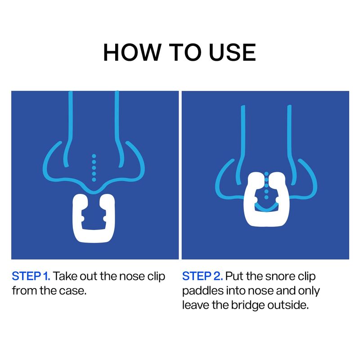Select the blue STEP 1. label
coord(31,276)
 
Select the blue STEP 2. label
coord(202,276)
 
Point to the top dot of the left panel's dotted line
coord(94,156)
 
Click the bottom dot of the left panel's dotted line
coord(94,180)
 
